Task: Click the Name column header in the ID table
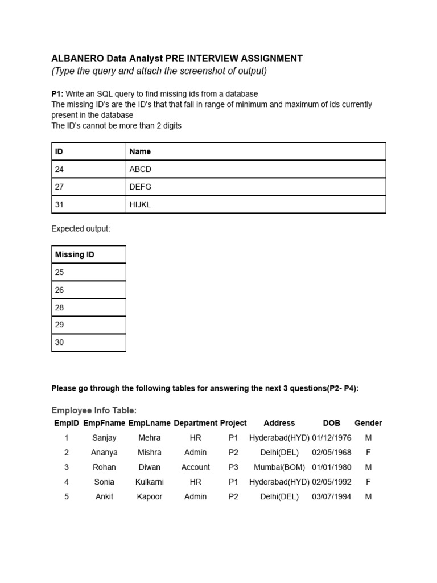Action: [141, 151]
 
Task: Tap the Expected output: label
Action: [80, 229]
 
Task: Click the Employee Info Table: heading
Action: [94, 410]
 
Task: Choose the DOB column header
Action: [331, 423]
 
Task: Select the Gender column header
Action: [368, 423]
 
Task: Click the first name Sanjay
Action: [104, 438]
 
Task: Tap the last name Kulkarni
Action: [150, 482]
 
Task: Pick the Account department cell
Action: [195, 467]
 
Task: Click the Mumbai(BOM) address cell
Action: [279, 467]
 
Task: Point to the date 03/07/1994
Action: [331, 496]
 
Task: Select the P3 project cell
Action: [233, 467]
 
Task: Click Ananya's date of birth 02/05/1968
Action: [331, 453]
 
